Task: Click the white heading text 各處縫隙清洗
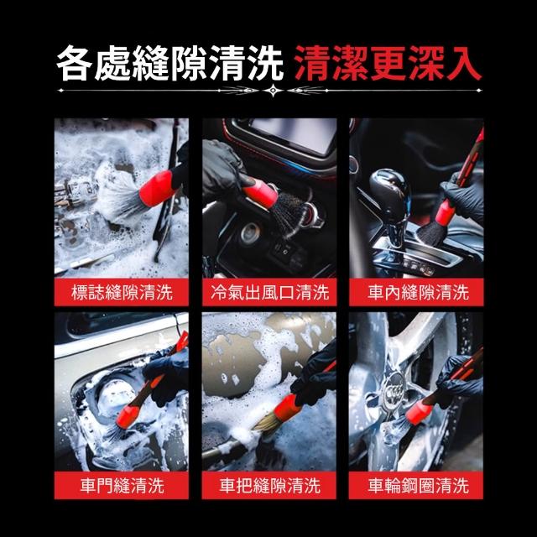pos(169,64)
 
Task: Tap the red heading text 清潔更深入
pos(388,64)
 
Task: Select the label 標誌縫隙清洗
pos(122,292)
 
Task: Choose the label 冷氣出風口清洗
pos(269,292)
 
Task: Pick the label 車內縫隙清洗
pos(418,292)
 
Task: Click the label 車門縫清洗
pos(122,485)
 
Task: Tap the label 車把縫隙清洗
pos(269,485)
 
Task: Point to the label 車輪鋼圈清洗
pos(418,485)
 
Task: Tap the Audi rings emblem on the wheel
pos(394,391)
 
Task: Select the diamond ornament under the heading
pos(273,91)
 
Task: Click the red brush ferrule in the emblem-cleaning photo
pos(158,188)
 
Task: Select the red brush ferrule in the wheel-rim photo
pos(420,411)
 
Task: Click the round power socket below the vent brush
pos(250,233)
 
